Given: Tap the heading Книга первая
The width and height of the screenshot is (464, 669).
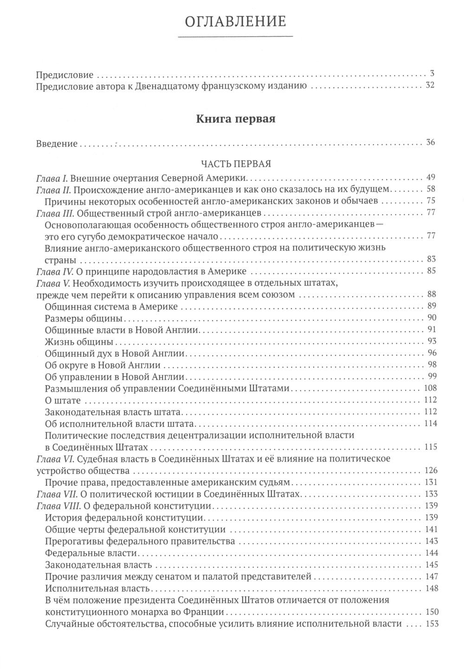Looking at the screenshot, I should click(x=236, y=120).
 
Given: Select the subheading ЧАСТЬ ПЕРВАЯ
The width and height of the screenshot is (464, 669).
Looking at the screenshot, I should click(x=236, y=164).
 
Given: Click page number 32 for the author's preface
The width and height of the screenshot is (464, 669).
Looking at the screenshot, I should click(x=430, y=86).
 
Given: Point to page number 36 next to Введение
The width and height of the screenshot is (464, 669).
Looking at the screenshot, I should click(x=430, y=143).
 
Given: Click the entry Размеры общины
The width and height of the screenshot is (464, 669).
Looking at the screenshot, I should click(x=84, y=318).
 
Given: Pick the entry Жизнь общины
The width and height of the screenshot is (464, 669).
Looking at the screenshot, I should click(x=80, y=342).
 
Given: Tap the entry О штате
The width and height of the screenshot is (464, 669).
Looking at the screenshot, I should click(x=64, y=400).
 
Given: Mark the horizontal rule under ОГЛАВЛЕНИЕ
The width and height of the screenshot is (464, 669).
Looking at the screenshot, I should click(x=236, y=36).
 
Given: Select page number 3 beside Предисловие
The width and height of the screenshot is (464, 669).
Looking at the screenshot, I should click(x=432, y=74).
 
